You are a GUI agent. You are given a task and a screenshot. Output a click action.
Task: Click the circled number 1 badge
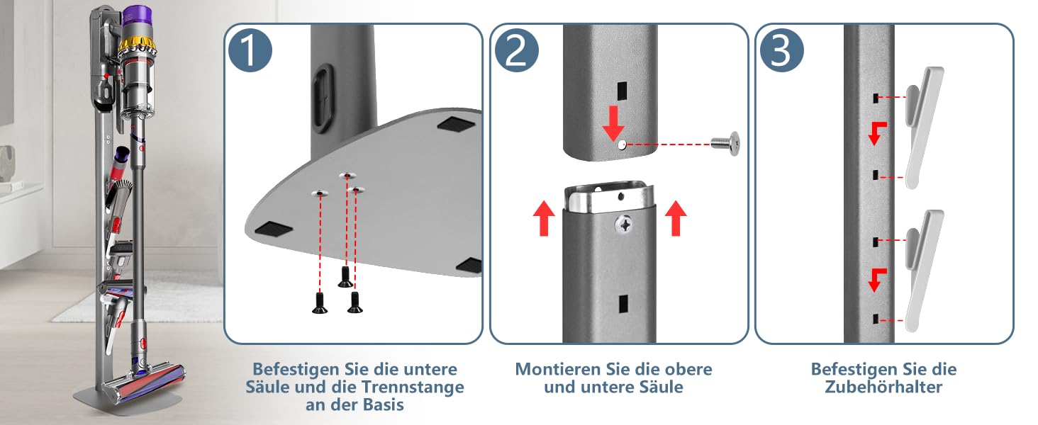click(250, 50)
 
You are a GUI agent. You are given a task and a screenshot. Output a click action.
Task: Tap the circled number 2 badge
click(516, 50)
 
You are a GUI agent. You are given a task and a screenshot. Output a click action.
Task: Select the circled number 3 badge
click(782, 50)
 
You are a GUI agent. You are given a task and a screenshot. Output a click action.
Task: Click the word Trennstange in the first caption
click(412, 387)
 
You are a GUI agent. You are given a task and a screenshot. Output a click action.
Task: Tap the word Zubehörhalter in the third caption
click(883, 387)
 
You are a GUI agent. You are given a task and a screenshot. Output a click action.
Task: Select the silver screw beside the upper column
click(725, 144)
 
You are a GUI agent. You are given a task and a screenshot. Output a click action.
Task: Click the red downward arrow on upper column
click(613, 123)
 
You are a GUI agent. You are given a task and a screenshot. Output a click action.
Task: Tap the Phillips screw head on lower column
click(625, 225)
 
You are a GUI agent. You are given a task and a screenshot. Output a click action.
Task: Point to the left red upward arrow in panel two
click(544, 218)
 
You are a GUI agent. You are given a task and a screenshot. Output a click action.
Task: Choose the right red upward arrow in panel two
click(676, 218)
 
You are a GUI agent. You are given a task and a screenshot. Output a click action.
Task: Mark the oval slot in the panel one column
click(323, 99)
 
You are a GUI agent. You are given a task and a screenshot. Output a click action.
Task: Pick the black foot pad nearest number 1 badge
click(456, 124)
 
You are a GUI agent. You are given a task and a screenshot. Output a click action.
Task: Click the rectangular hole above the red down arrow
click(622, 91)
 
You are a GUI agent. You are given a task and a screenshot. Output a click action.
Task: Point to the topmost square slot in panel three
click(876, 98)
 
